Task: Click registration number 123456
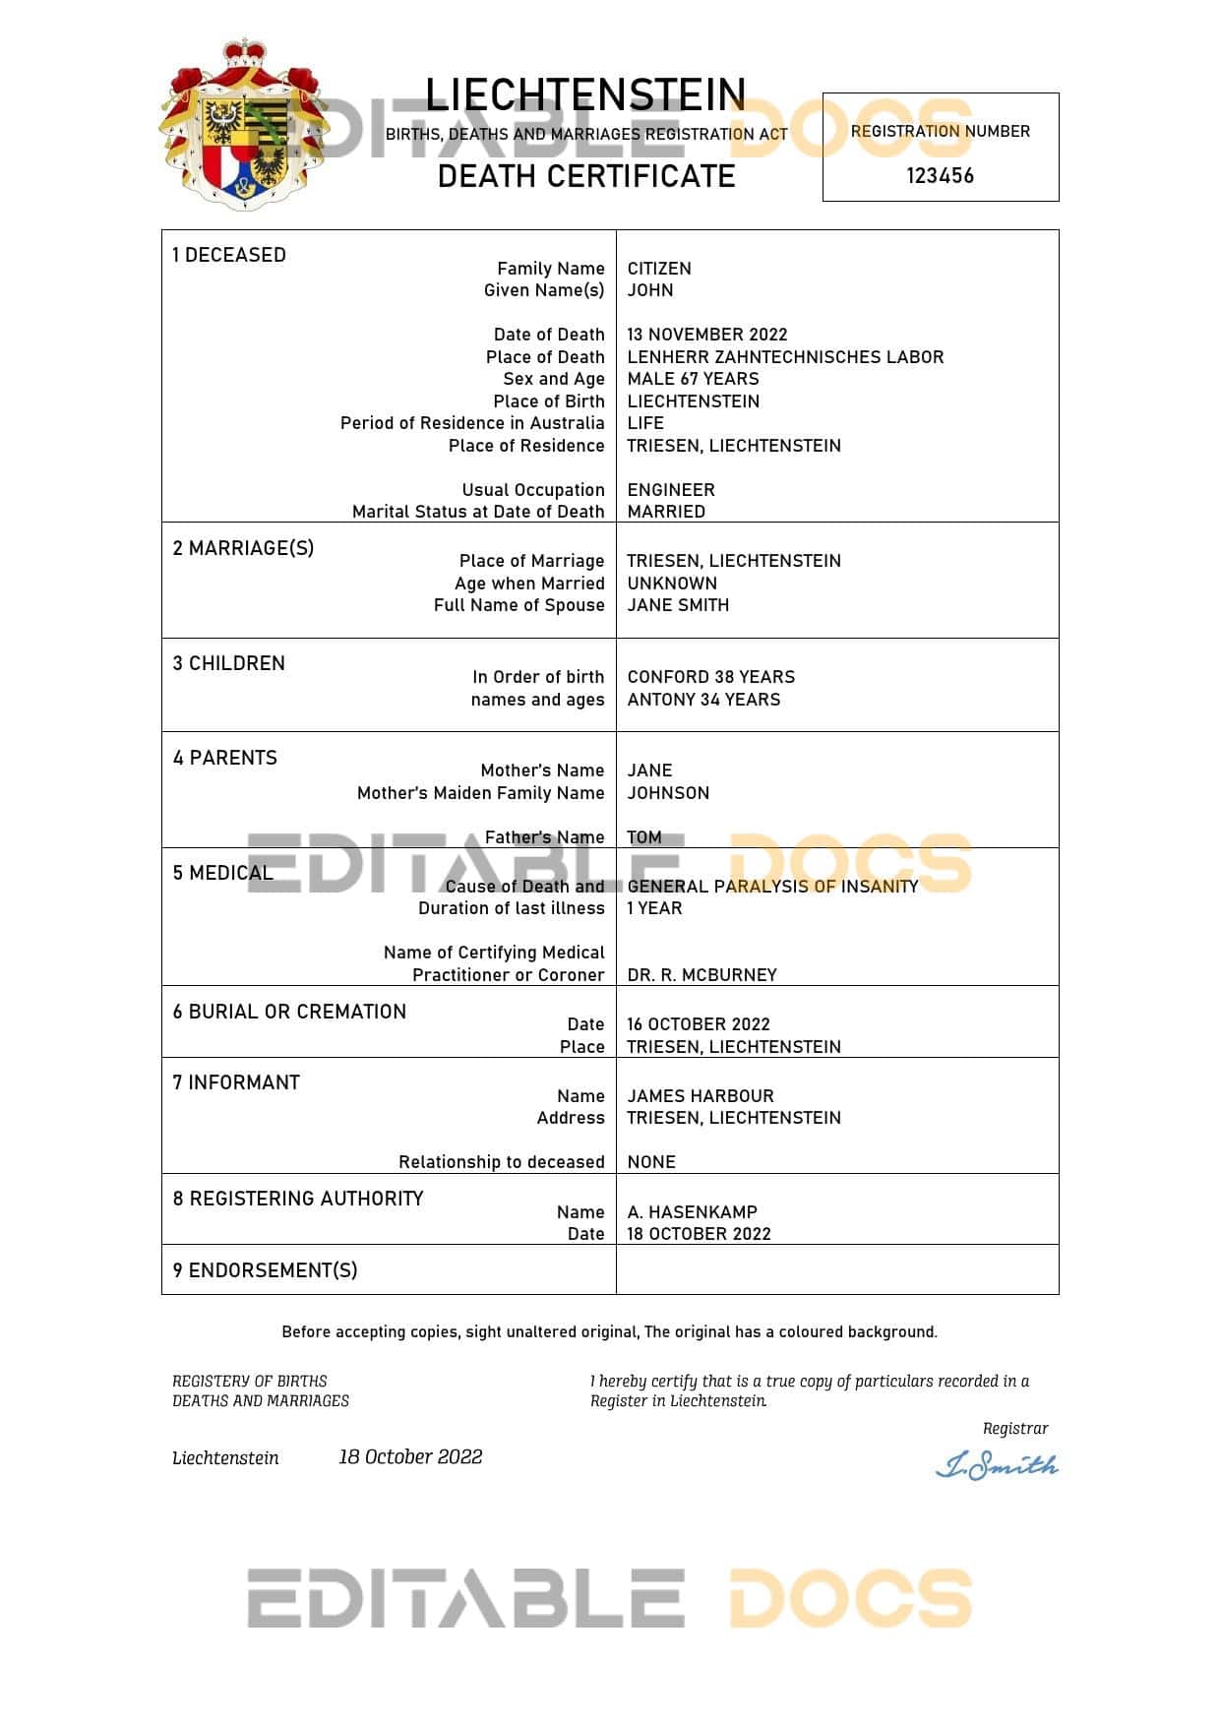click(x=940, y=176)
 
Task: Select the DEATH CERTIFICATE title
click(x=586, y=176)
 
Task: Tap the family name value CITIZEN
click(x=659, y=269)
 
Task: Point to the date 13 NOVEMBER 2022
click(x=707, y=335)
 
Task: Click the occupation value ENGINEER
click(x=671, y=490)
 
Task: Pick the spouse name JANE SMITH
click(x=678, y=605)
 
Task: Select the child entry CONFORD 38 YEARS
click(x=711, y=677)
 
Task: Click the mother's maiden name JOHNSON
click(x=668, y=793)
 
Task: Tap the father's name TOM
click(x=644, y=837)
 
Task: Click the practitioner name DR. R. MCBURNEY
click(x=701, y=975)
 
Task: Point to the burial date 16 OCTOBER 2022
click(x=699, y=1024)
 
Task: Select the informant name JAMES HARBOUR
click(x=701, y=1096)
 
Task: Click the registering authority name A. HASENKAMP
click(x=693, y=1212)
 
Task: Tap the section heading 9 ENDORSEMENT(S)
click(x=265, y=1270)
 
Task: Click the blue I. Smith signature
click(x=996, y=1466)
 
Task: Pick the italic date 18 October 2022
click(x=410, y=1457)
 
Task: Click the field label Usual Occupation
click(x=533, y=490)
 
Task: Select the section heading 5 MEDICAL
click(x=222, y=873)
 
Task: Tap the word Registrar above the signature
click(x=1014, y=1429)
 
